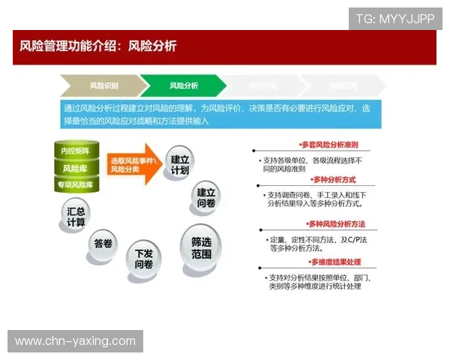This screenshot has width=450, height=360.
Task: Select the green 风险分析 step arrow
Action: [182, 85]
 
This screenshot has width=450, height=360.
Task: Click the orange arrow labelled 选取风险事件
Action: [135, 165]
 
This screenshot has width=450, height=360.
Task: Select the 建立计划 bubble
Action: [180, 164]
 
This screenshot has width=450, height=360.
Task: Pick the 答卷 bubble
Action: [103, 244]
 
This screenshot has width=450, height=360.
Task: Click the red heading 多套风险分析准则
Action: [328, 145]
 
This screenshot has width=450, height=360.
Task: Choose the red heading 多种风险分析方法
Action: [335, 224]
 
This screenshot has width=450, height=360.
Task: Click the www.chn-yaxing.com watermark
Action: [75, 341]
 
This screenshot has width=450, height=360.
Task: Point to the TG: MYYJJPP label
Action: [394, 19]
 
